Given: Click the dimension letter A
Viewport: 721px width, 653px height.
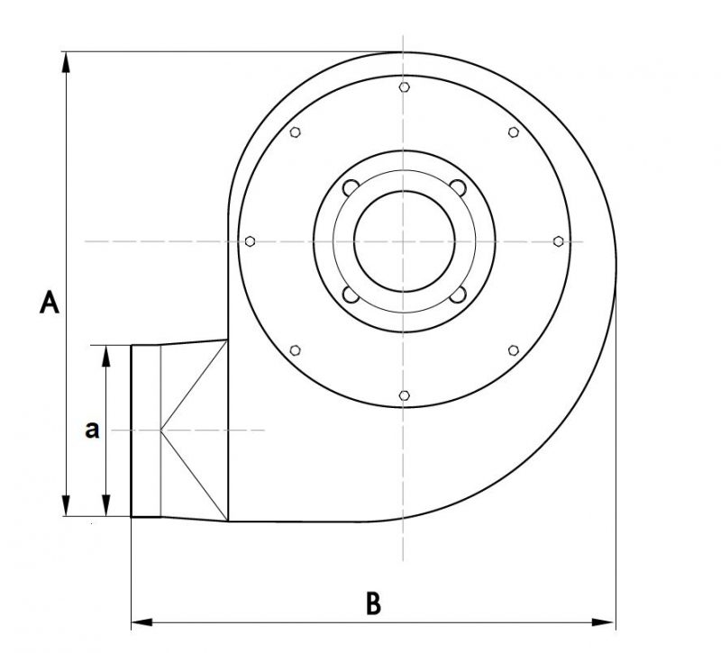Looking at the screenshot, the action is click(x=50, y=303).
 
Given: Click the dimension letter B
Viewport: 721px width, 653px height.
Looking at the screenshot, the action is click(x=373, y=603).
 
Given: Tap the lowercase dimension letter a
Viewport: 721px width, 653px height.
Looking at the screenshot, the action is click(x=92, y=431).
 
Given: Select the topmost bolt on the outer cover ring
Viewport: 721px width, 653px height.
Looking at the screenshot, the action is click(x=404, y=86).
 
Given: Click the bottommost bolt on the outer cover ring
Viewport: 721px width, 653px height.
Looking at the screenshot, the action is click(x=404, y=395).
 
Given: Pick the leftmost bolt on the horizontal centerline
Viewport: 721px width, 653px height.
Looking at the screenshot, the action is click(x=251, y=241).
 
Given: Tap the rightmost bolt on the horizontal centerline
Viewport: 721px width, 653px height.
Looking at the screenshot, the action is click(x=558, y=241).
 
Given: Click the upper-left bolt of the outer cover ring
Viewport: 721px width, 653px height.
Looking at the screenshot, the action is click(x=296, y=132).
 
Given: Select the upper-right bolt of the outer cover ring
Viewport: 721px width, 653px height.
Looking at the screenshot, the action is click(x=514, y=132).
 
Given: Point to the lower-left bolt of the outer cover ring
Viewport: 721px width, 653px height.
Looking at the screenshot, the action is click(x=296, y=350).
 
